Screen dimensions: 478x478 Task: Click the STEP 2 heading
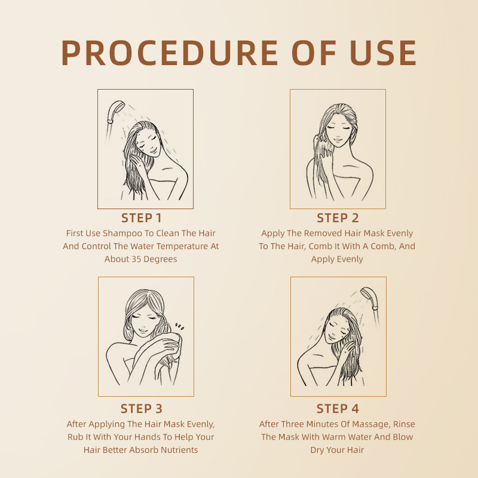click(338, 217)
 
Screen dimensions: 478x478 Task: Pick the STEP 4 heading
click(338, 409)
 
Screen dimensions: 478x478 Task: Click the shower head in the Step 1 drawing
click(112, 112)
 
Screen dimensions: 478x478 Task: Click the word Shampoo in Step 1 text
click(123, 233)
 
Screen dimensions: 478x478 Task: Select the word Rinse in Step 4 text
click(403, 424)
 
